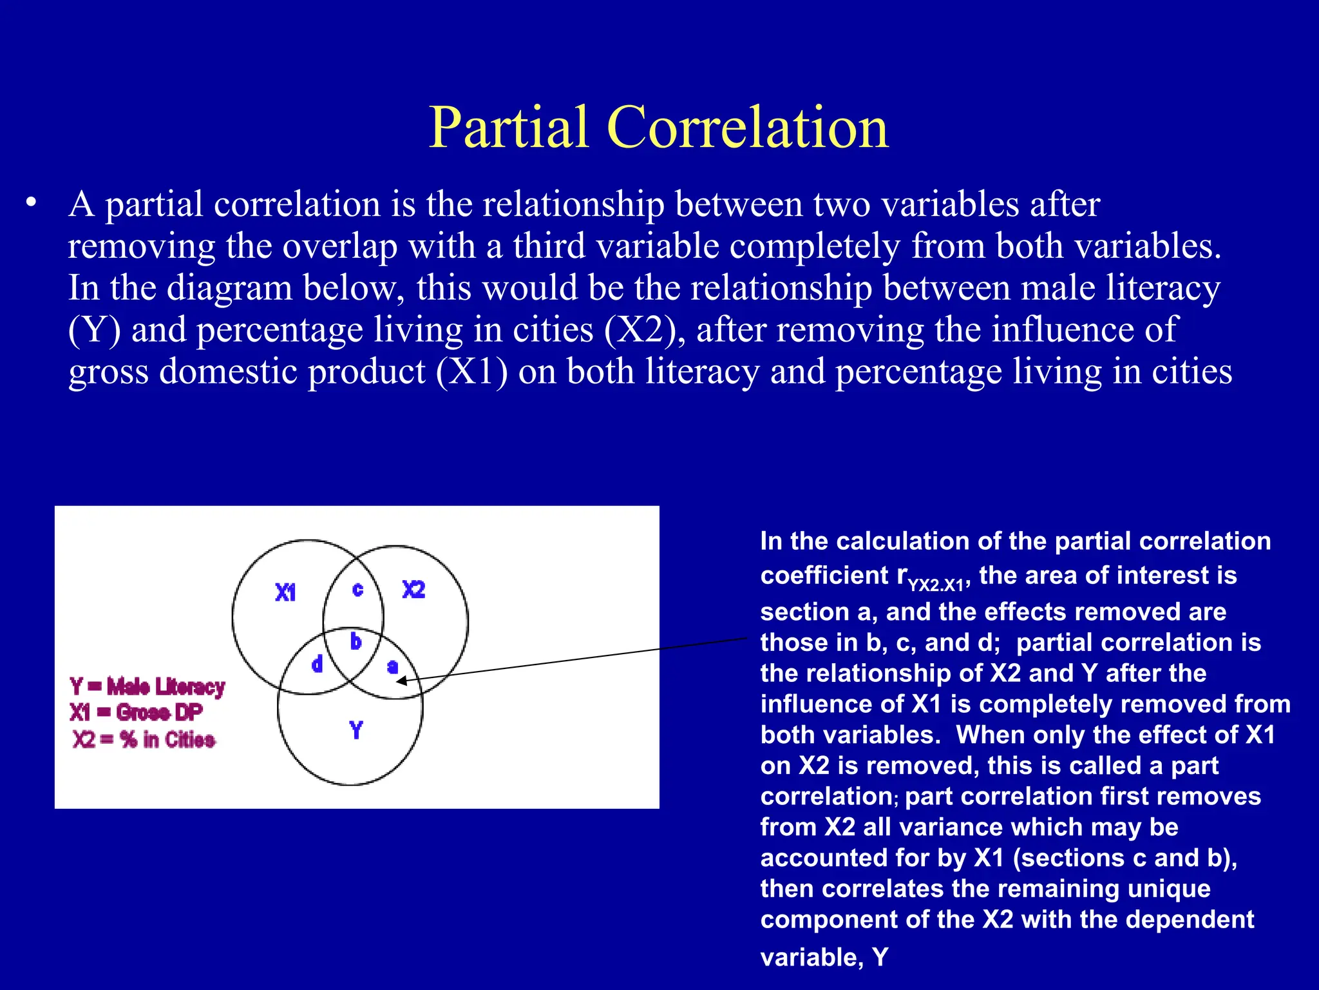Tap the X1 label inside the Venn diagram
(285, 592)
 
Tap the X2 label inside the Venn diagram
(413, 589)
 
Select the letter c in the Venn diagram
(358, 589)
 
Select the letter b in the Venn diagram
(356, 641)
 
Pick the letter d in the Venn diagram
(317, 664)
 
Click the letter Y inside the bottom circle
(356, 730)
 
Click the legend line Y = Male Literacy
(147, 686)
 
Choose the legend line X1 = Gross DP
(136, 712)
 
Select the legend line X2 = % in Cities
(144, 739)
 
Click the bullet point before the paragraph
(30, 204)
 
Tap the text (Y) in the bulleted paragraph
(94, 330)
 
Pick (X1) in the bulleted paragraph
(471, 372)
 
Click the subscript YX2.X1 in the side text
(935, 585)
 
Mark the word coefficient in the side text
(824, 576)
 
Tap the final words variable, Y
(824, 957)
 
